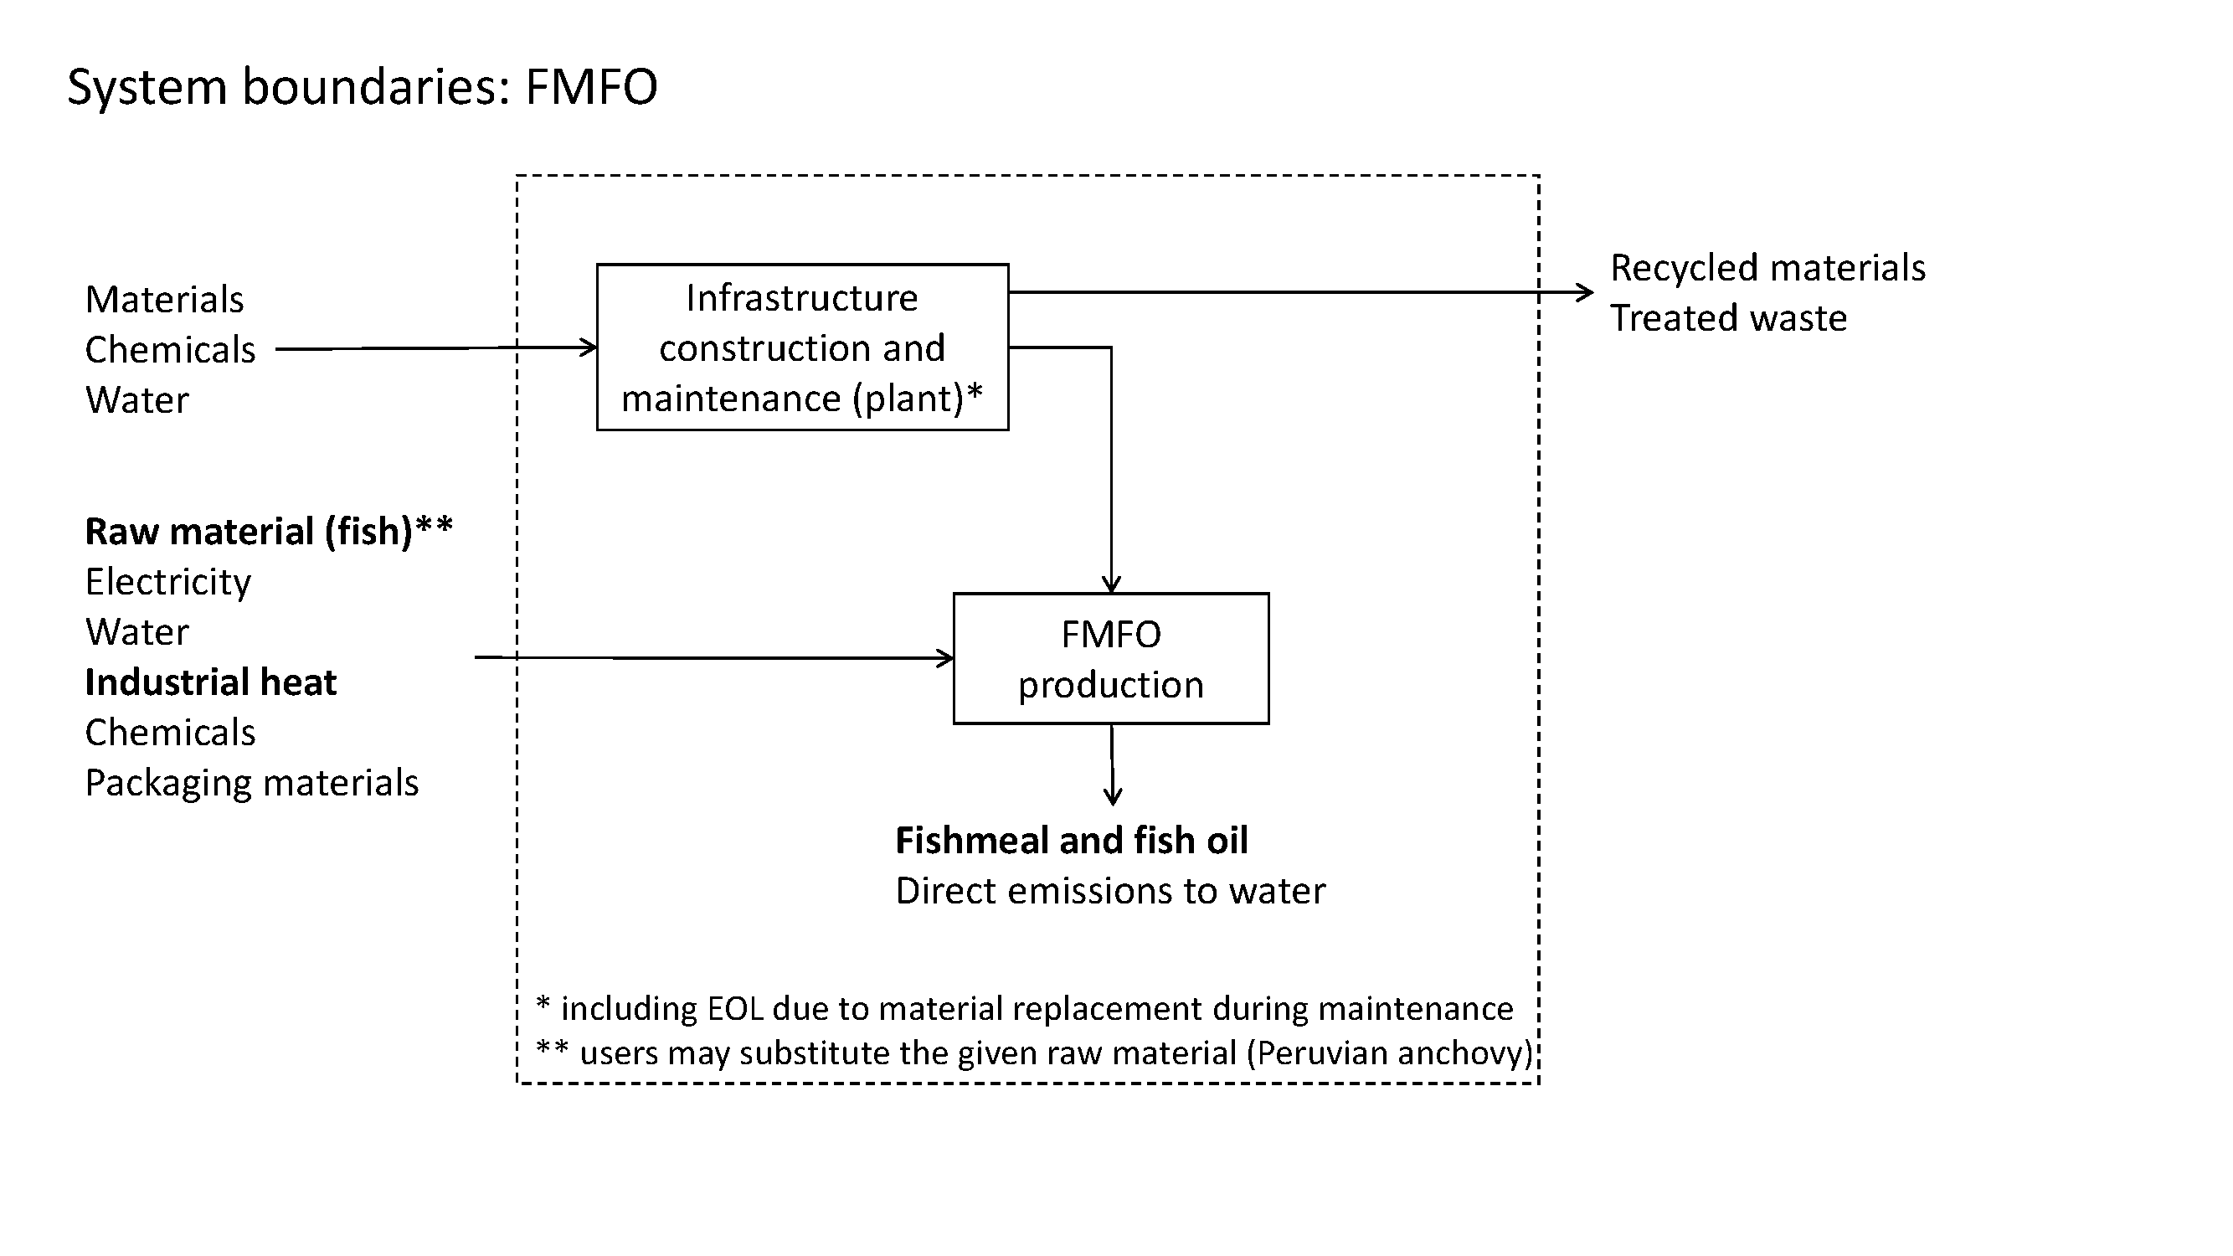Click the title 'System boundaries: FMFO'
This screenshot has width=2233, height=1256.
[x=363, y=87]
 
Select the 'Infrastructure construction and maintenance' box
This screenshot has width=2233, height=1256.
[x=802, y=347]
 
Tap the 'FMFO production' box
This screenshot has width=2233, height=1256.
[x=1110, y=659]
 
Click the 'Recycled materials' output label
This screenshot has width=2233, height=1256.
[x=1767, y=268]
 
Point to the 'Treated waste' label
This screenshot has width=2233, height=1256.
[x=1728, y=318]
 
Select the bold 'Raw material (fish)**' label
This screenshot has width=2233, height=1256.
[x=269, y=532]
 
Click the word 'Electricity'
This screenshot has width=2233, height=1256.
[x=168, y=582]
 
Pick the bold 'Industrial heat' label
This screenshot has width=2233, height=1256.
[x=211, y=682]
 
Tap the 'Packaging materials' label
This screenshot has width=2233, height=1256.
[x=251, y=783]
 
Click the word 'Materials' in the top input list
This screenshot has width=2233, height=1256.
[x=165, y=300]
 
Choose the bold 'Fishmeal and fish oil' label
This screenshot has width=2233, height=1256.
[x=1072, y=841]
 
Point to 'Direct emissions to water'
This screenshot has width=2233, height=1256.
[x=1110, y=891]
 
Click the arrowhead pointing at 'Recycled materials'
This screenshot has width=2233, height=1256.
[x=1586, y=293]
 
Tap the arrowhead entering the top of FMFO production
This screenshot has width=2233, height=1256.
[x=1111, y=585]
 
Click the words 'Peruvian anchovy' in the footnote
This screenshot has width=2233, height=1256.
[x=1391, y=1053]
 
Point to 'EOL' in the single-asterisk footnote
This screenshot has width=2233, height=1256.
[x=736, y=1009]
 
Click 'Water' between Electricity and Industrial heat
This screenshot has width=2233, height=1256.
[x=137, y=632]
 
